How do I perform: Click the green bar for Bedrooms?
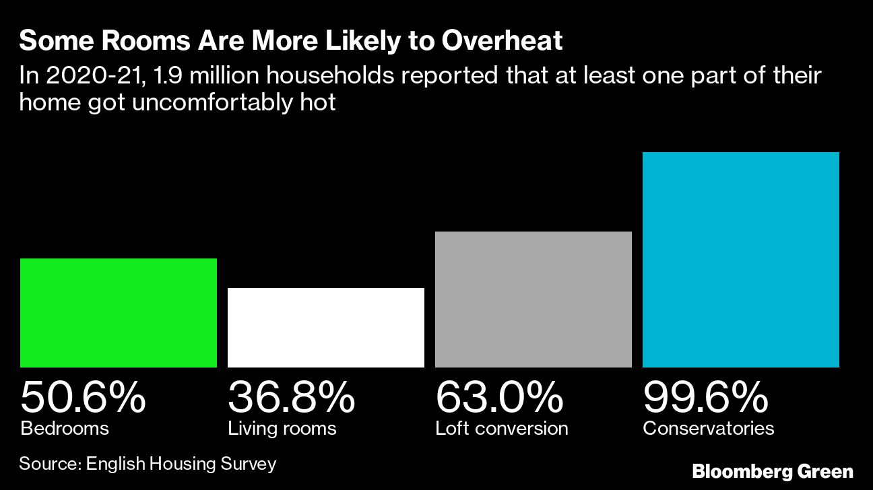point(119,313)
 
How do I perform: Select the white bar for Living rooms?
point(326,328)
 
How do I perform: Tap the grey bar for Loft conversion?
point(533,300)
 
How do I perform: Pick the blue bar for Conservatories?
point(741,260)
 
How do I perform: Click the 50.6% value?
point(83,397)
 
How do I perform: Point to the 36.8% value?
point(291,397)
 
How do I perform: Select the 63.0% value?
point(499,397)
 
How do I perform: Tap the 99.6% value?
point(705,397)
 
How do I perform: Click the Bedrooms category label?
point(65,428)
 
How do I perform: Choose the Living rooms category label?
point(282,428)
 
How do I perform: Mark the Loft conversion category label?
point(501,428)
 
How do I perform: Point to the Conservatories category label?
point(708,428)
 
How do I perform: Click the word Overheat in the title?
point(502,42)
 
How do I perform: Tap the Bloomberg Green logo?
point(773,471)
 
